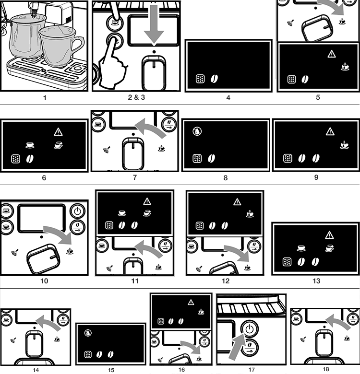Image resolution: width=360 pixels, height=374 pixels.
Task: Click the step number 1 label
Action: [x=45, y=98]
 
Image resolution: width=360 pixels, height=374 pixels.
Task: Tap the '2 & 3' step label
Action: [x=136, y=98]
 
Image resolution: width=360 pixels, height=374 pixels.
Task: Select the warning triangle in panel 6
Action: [x=59, y=131]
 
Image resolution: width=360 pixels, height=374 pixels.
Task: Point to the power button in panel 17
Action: [x=249, y=329]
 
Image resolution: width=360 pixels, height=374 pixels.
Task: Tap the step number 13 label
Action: [x=316, y=281]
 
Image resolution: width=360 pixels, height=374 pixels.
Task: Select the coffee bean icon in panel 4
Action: [x=214, y=80]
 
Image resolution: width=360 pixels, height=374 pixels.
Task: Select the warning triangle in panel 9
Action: [x=330, y=131]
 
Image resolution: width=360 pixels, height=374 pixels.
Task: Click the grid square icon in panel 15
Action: [x=88, y=354]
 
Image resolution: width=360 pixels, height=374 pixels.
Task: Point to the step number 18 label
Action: [x=326, y=369]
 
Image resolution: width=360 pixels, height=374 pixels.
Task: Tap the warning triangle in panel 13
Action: [x=329, y=234]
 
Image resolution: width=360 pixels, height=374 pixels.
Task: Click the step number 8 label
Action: [x=226, y=177]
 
